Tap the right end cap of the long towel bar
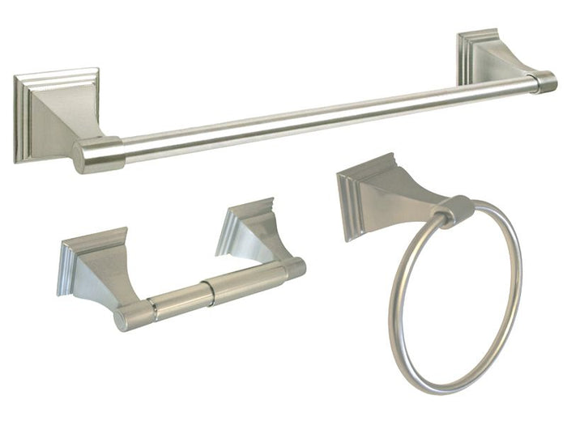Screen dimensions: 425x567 (544, 83)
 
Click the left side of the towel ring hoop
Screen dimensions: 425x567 (396, 308)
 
